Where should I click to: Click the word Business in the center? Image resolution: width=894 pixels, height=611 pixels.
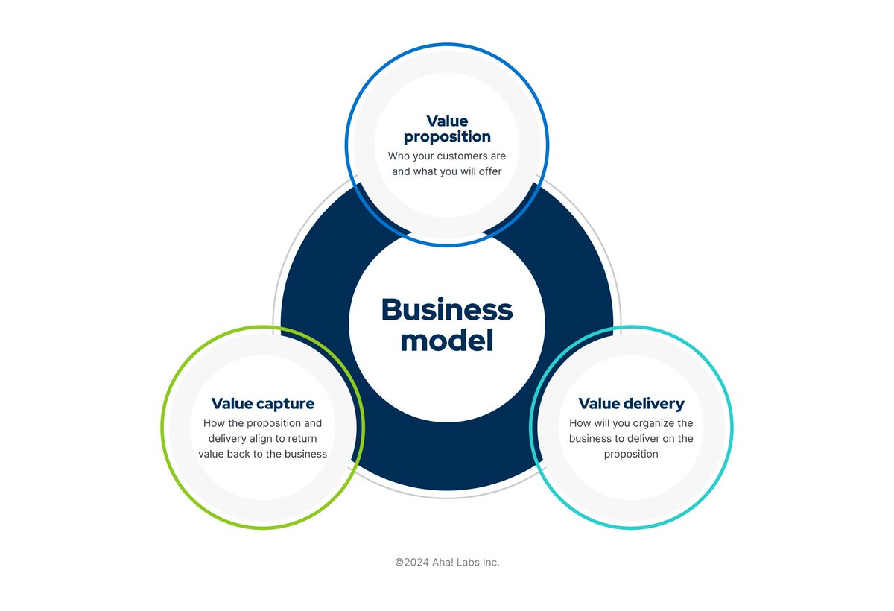pyautogui.click(x=447, y=310)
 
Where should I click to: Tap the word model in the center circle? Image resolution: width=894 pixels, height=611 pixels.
pyautogui.click(x=447, y=341)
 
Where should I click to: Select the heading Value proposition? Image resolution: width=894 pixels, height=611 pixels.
pyautogui.click(x=447, y=128)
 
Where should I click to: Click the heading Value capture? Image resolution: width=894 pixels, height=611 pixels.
pyautogui.click(x=263, y=404)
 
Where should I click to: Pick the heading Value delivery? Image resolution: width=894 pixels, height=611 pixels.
pyautogui.click(x=631, y=404)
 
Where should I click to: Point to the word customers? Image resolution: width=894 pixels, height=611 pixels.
pyautogui.click(x=462, y=156)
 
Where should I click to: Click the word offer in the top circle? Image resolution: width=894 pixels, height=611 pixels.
pyautogui.click(x=489, y=172)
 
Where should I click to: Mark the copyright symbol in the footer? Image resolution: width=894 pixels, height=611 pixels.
pyautogui.click(x=399, y=563)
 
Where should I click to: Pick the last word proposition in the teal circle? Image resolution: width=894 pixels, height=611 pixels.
pyautogui.click(x=631, y=454)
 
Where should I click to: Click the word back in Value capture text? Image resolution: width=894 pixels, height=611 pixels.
pyautogui.click(x=241, y=454)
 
